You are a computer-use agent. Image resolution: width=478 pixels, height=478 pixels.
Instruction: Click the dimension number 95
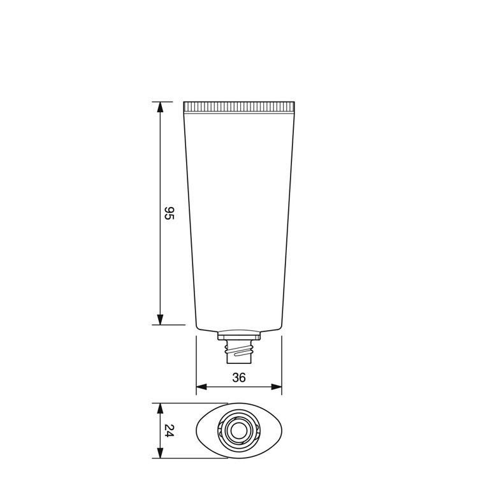[169, 213]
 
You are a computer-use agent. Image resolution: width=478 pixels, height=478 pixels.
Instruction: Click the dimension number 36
[239, 377]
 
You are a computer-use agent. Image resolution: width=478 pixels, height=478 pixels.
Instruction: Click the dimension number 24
[169, 431]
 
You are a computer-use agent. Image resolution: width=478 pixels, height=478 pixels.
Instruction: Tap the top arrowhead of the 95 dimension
[160, 107]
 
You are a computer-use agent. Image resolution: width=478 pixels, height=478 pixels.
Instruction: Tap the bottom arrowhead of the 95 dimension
[160, 319]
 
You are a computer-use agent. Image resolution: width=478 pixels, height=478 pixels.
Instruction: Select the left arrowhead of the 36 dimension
[201, 387]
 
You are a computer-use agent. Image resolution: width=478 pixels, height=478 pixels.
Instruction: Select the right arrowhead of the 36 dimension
[277, 387]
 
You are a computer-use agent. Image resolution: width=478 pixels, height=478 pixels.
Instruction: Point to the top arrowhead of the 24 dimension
[160, 409]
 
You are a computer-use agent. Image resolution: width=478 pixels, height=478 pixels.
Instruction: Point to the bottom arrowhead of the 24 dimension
[160, 453]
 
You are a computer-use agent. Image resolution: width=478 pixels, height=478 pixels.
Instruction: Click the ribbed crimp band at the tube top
[239, 106]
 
